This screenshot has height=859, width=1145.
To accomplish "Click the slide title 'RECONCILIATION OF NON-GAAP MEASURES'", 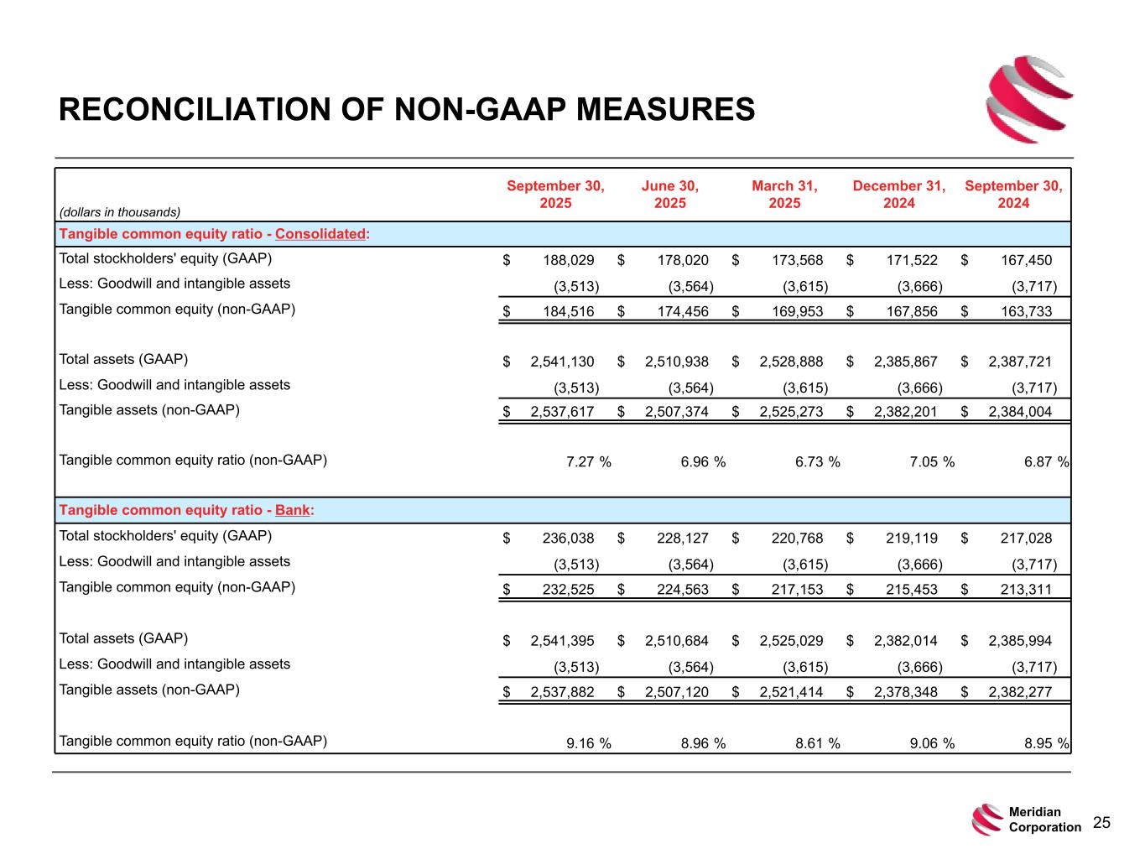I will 407,110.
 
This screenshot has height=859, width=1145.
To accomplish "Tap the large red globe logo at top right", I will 1029,99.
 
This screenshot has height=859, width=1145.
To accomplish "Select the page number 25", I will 1101,823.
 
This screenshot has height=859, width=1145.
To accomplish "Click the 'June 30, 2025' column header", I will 669,195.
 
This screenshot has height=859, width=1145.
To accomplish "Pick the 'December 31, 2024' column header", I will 898,195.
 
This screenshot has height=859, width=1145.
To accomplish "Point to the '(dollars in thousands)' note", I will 120,212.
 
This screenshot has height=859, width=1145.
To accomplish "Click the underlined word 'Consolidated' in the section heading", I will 320,234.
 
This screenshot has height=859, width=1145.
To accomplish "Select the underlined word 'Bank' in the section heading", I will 293,511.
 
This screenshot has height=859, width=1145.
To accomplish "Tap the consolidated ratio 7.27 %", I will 588,461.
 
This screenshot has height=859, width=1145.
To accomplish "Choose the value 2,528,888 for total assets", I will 791,362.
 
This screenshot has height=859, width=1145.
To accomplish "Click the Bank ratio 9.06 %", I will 931,742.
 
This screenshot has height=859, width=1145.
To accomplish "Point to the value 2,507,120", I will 677,693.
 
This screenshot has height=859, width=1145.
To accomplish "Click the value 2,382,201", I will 906,412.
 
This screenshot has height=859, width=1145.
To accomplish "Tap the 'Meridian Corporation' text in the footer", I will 1044,820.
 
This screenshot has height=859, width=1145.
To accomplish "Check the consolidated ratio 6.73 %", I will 817,461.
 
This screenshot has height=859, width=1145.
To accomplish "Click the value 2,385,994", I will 1020,642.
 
